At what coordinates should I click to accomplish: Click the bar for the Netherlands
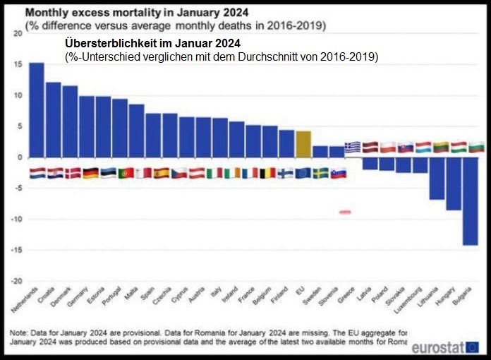[x=37, y=110]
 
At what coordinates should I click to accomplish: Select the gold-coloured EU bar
[x=303, y=144]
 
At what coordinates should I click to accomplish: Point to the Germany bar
[x=87, y=127]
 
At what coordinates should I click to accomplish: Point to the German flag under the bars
[x=90, y=173]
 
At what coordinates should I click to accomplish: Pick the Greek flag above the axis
[x=353, y=147]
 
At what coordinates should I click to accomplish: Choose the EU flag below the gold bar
[x=303, y=173]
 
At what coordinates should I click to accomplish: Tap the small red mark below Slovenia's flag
[x=345, y=212]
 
